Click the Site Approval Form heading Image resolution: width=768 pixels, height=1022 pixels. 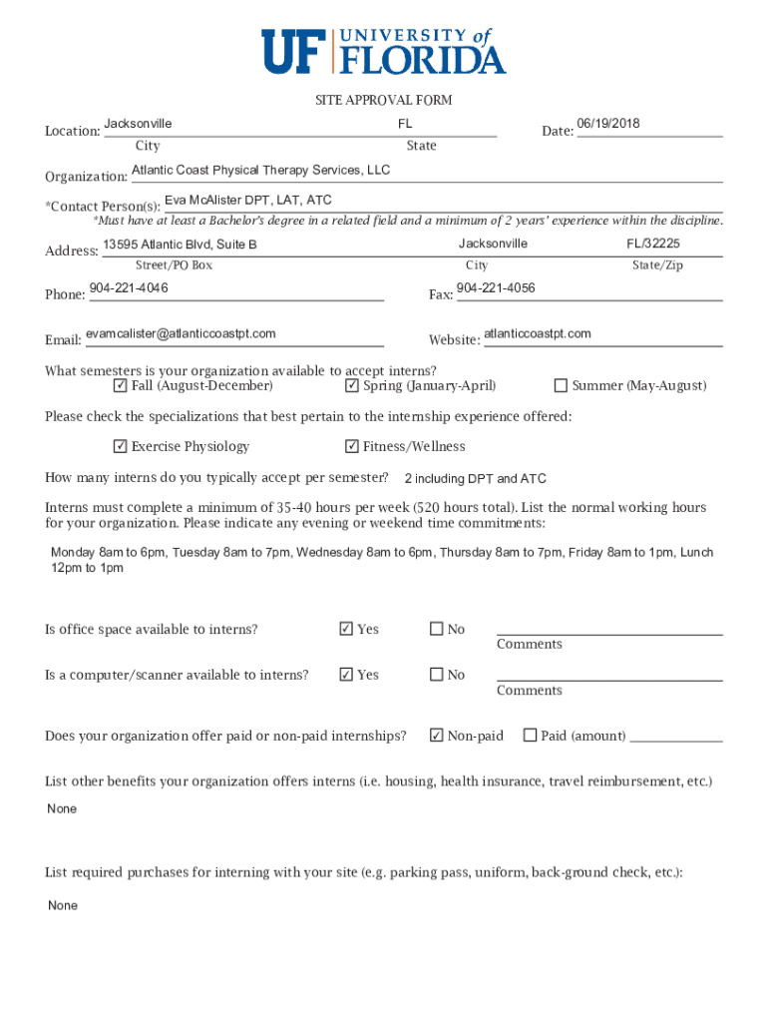click(x=384, y=100)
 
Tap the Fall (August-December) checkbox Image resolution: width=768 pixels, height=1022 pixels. click(x=121, y=386)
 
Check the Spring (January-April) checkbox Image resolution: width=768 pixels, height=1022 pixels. click(x=352, y=386)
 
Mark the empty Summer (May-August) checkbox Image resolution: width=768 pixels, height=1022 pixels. click(x=561, y=386)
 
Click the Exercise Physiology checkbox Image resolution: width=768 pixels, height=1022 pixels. click(x=121, y=446)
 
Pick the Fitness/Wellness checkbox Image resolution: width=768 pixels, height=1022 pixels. click(x=352, y=446)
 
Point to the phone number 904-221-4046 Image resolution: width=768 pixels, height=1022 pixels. click(x=129, y=288)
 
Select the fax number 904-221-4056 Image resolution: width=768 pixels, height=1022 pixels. click(x=496, y=288)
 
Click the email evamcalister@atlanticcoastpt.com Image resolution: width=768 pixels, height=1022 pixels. click(x=181, y=333)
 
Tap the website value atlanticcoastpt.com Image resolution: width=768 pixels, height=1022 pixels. click(x=538, y=333)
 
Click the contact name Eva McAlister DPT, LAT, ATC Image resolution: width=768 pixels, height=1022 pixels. click(x=248, y=200)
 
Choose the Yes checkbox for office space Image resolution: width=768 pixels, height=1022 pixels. click(x=346, y=629)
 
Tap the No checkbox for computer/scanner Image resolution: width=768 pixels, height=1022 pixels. click(x=436, y=675)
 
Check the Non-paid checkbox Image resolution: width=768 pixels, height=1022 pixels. click(x=436, y=736)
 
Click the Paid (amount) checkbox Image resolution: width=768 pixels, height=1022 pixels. click(x=530, y=736)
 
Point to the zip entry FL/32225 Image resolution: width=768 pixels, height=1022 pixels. click(x=653, y=244)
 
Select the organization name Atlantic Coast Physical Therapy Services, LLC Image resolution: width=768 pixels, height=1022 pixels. click(x=261, y=170)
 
